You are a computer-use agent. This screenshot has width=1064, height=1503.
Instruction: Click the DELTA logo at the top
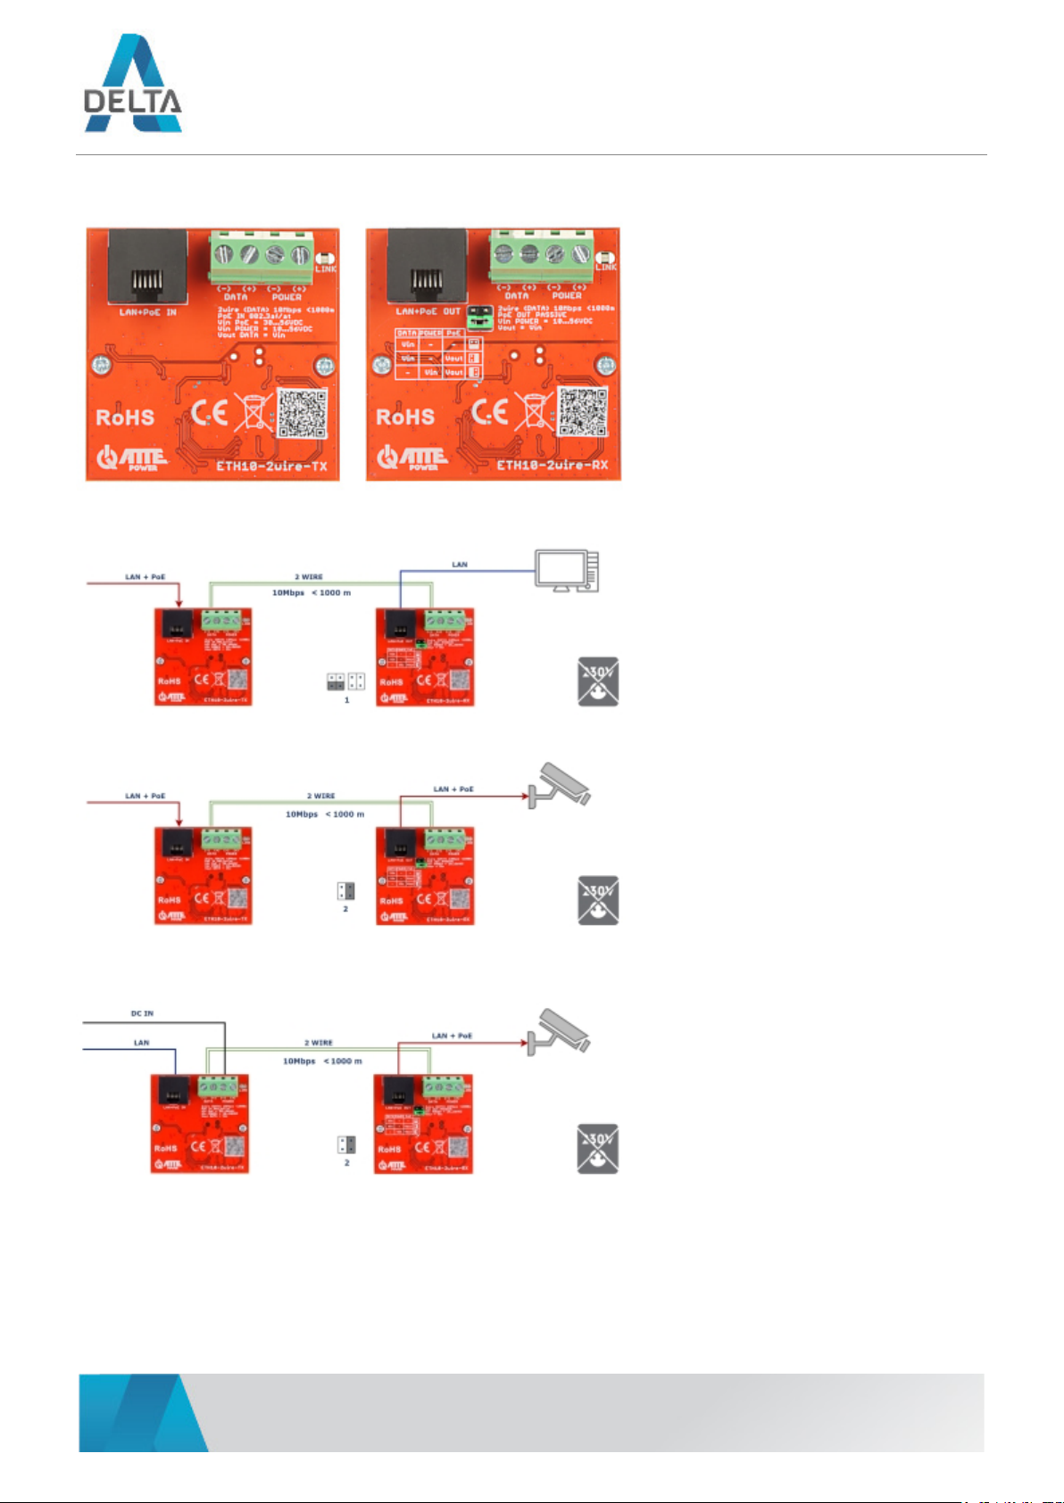133,84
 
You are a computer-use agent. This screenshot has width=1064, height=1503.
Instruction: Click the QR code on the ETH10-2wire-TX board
302,413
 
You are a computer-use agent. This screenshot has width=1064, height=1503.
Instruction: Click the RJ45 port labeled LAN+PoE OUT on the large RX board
428,266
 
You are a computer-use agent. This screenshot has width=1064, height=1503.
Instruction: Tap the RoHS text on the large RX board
405,417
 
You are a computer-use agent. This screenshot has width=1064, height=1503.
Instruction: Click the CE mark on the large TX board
210,412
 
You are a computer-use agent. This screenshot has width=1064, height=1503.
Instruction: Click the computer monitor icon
566,570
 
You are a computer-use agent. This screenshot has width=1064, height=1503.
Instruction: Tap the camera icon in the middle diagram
559,785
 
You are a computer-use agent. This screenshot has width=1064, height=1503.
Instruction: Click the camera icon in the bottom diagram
559,1032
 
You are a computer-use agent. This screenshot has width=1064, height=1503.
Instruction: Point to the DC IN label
142,1013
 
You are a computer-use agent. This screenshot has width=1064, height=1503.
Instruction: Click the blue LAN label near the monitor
460,565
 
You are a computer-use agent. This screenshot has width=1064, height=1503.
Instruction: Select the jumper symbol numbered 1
346,682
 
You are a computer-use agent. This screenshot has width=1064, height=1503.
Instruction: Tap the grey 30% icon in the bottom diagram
598,1149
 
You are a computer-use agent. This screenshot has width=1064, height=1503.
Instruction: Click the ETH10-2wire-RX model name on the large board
552,465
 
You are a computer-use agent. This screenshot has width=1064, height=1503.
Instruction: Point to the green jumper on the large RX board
481,314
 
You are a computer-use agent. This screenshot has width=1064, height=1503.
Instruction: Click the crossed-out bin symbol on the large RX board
534,413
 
